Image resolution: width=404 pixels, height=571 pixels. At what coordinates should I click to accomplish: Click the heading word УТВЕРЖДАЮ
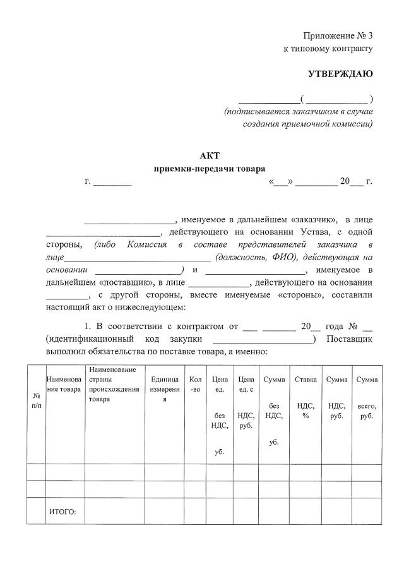340,74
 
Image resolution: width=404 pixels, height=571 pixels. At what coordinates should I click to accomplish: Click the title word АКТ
210,155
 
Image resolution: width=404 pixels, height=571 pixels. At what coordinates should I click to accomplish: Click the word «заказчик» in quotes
314,219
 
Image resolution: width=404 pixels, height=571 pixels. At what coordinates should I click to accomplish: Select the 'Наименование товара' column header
64,384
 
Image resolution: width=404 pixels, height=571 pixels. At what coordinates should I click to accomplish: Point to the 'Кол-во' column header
195,383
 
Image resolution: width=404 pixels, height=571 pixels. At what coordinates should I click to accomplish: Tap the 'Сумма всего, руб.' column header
367,398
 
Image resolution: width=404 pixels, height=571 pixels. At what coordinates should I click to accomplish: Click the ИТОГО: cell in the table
62,512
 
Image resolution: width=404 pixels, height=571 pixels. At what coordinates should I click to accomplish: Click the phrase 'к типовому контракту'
328,48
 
